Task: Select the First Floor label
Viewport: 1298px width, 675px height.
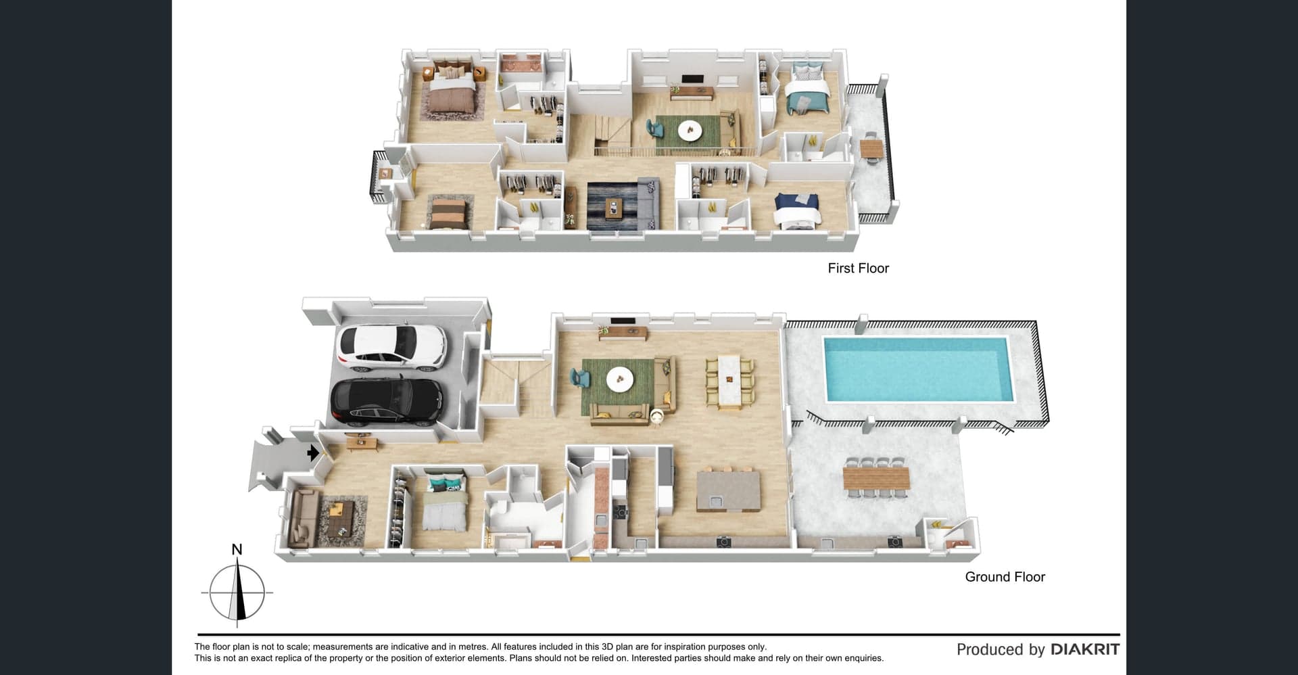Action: point(858,268)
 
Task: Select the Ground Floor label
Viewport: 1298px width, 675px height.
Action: point(1005,577)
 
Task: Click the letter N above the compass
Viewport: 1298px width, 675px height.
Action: point(237,549)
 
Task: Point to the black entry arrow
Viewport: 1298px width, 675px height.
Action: point(313,452)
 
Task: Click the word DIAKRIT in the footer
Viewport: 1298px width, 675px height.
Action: point(1084,649)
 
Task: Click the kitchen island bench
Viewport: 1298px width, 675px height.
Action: point(728,491)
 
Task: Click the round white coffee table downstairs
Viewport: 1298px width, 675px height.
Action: point(619,379)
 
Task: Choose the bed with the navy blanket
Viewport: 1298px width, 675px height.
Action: point(797,210)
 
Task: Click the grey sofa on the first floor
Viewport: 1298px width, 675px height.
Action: point(646,200)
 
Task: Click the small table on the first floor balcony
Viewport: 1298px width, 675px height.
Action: point(871,147)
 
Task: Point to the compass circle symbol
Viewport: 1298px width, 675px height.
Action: point(237,592)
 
